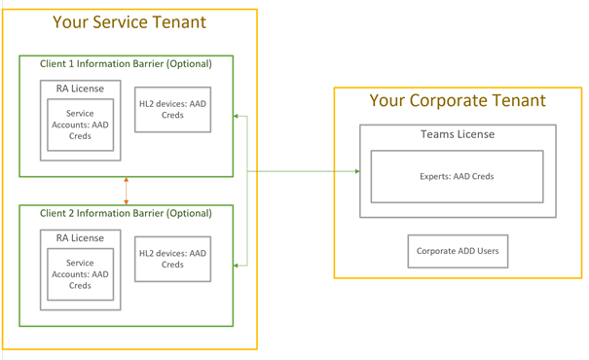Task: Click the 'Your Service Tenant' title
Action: click(129, 22)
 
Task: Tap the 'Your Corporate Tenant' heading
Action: click(458, 100)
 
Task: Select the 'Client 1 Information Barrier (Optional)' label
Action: click(126, 64)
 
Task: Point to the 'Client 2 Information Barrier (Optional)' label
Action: click(126, 213)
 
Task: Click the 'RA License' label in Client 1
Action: click(80, 89)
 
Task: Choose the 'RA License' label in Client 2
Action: click(80, 236)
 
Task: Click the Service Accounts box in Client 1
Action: click(80, 126)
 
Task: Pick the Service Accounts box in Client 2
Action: click(80, 273)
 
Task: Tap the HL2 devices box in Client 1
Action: click(172, 109)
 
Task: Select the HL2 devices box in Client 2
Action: click(172, 259)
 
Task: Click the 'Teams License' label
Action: click(457, 134)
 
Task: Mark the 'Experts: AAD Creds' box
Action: click(457, 176)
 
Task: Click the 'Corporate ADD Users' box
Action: click(458, 251)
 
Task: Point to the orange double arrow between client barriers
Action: click(127, 191)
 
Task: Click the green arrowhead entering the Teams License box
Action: click(356, 171)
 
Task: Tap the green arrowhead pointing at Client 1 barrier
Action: click(238, 117)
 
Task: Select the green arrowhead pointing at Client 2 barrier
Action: click(238, 265)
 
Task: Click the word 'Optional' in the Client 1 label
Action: click(187, 64)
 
